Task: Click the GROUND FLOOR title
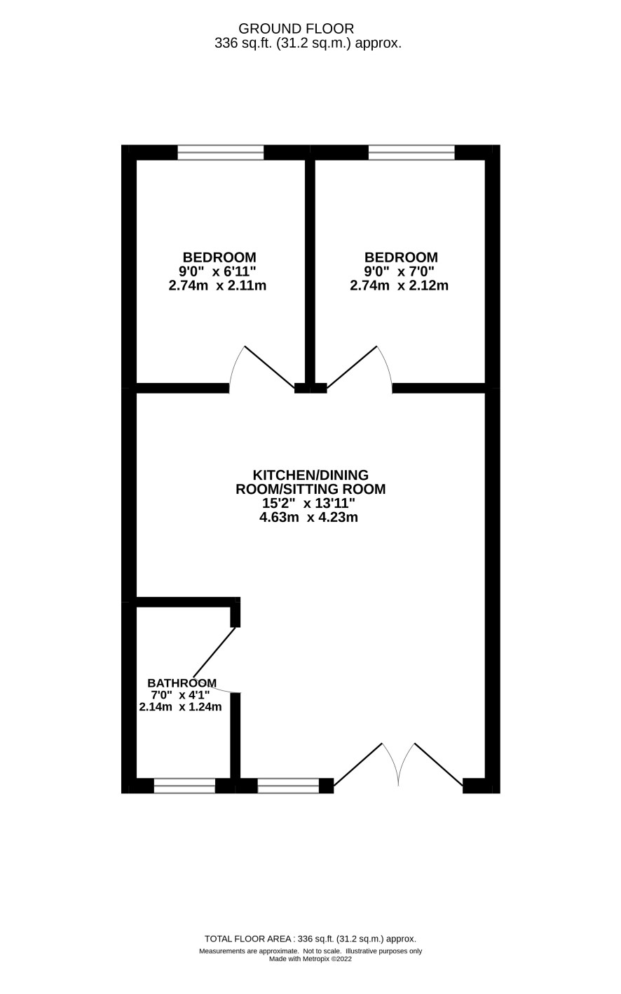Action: click(x=296, y=29)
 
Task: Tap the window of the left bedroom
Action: click(x=221, y=152)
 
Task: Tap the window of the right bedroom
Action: click(x=411, y=152)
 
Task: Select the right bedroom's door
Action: click(x=360, y=370)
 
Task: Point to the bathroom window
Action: click(x=184, y=786)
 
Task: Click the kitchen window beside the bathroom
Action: click(x=288, y=786)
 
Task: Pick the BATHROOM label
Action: click(x=182, y=683)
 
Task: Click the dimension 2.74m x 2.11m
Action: click(x=217, y=286)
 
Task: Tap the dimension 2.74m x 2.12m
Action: click(x=399, y=286)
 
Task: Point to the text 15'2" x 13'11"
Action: click(x=308, y=503)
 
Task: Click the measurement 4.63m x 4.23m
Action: click(x=308, y=518)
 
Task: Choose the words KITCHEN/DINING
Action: click(x=310, y=475)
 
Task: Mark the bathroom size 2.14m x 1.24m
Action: click(x=180, y=707)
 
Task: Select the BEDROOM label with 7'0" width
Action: click(x=401, y=257)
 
